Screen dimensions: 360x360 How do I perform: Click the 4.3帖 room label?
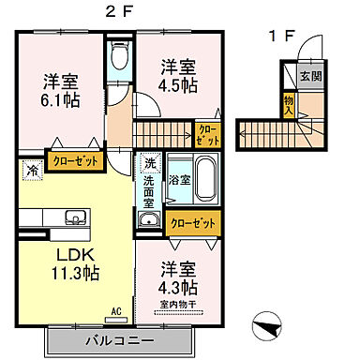point(177,277)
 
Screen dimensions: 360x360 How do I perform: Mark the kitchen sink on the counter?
point(75,218)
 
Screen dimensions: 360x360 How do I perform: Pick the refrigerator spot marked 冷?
point(30,172)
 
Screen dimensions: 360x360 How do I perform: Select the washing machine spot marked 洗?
point(149,162)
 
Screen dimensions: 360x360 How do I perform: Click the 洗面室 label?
point(149,191)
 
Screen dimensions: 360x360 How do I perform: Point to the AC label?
point(117,311)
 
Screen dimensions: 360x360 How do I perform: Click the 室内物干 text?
point(177,305)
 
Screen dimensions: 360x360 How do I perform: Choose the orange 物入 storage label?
point(288,101)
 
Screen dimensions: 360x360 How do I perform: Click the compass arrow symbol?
point(265,327)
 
